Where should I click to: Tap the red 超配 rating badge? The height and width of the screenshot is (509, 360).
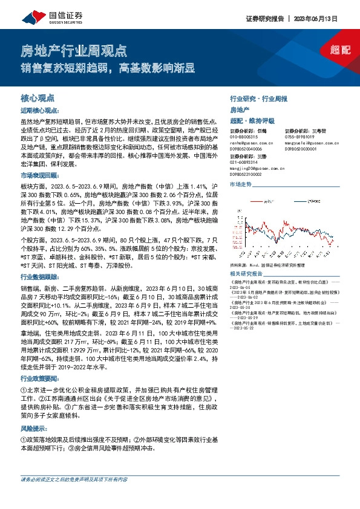[x=339, y=50]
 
